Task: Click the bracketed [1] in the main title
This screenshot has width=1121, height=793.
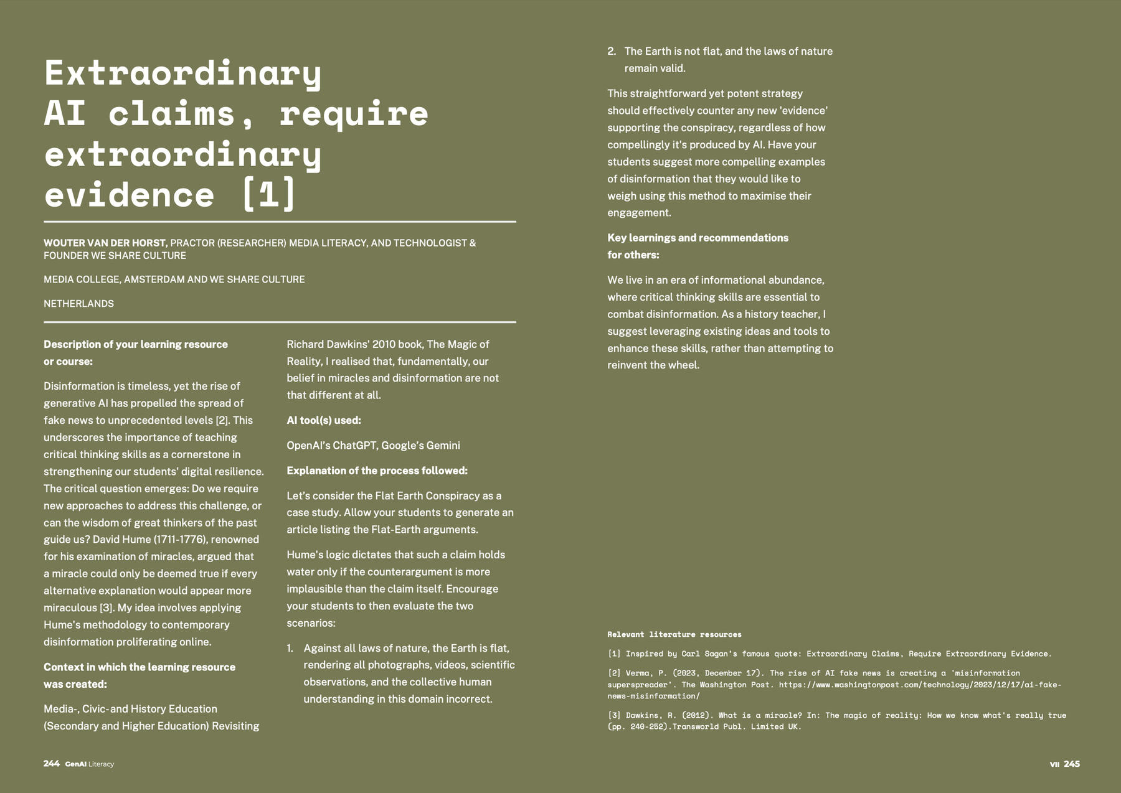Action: (x=268, y=194)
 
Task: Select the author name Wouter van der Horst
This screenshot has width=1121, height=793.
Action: (x=105, y=243)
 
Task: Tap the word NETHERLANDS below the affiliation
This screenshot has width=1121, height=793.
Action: (x=78, y=304)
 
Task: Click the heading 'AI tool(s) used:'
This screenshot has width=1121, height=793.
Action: (x=324, y=421)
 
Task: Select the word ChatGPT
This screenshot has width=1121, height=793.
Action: (x=354, y=446)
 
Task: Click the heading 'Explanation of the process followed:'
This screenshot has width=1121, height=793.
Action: (x=377, y=471)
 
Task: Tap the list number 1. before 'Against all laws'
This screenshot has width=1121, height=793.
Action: (x=290, y=649)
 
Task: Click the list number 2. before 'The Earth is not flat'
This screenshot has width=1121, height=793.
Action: (x=612, y=52)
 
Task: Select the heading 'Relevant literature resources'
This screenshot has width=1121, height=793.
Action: (x=674, y=634)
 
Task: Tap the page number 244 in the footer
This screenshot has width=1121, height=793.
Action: (x=52, y=764)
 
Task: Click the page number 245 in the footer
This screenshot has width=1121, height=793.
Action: (x=1072, y=764)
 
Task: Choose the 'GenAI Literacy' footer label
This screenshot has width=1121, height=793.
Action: (x=90, y=764)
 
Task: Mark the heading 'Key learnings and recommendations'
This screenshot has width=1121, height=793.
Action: (x=698, y=238)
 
